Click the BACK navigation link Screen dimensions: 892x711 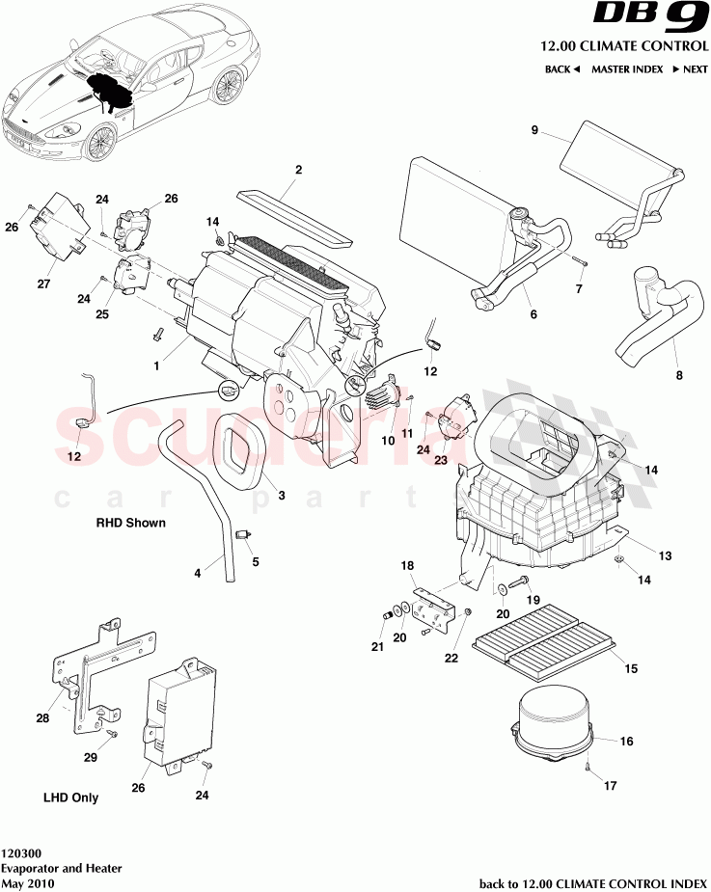561,69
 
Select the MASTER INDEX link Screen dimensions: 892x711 626,69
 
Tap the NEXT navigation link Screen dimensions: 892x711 690,69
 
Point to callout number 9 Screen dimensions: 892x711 534,131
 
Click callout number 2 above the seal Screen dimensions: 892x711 298,170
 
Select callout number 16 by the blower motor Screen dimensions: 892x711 626,743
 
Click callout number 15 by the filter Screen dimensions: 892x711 631,667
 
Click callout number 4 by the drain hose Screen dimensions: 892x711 198,572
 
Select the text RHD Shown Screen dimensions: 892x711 130,524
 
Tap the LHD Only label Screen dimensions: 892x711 70,797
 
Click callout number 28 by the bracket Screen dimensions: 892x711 42,718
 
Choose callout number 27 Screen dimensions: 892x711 42,284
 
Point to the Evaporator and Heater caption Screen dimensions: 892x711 62,868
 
